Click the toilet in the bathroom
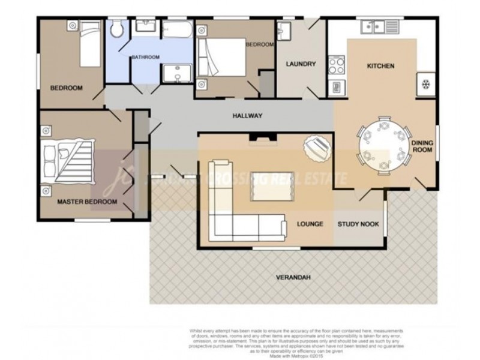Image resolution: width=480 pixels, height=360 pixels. [117, 28]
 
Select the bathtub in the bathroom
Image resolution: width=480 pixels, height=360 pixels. [177, 29]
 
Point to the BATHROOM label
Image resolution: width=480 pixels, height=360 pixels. [146, 57]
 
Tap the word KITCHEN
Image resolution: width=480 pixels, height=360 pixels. [380, 66]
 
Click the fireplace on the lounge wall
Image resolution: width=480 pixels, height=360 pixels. [263, 139]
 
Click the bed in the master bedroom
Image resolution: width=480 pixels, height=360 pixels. [68, 160]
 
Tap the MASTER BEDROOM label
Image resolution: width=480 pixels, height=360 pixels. [86, 202]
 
